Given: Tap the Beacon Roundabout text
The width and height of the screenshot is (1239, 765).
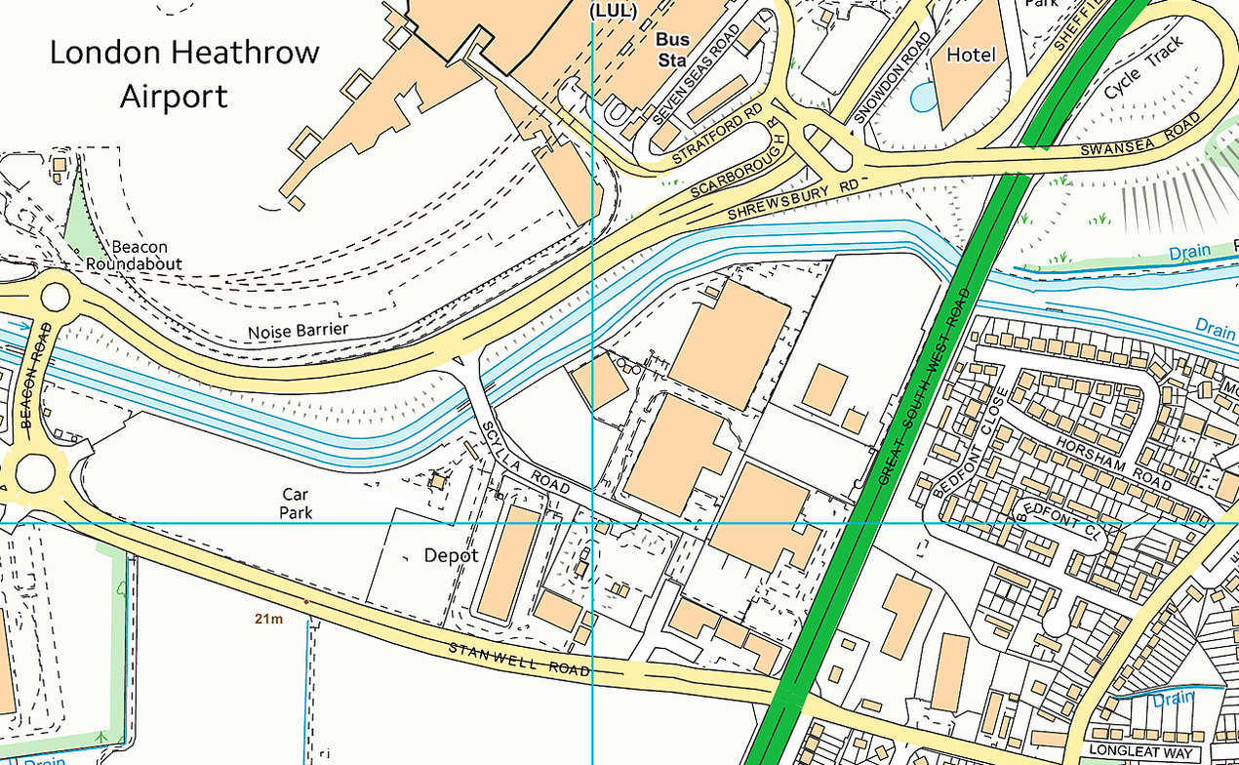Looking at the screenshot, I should click(134, 256).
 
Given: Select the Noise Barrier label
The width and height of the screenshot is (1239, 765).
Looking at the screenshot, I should click(298, 331).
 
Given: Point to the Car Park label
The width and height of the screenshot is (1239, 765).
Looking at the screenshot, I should click(296, 503).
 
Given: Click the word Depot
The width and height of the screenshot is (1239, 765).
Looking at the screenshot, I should click(451, 555).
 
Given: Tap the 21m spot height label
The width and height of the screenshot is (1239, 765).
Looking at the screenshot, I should click(267, 619).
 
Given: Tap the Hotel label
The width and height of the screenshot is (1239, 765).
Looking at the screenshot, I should click(972, 56).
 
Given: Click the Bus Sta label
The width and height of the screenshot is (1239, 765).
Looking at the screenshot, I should click(672, 49).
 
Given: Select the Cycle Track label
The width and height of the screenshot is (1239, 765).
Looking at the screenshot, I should click(1143, 69).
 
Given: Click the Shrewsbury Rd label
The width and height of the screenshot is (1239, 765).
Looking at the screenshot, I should click(797, 200).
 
